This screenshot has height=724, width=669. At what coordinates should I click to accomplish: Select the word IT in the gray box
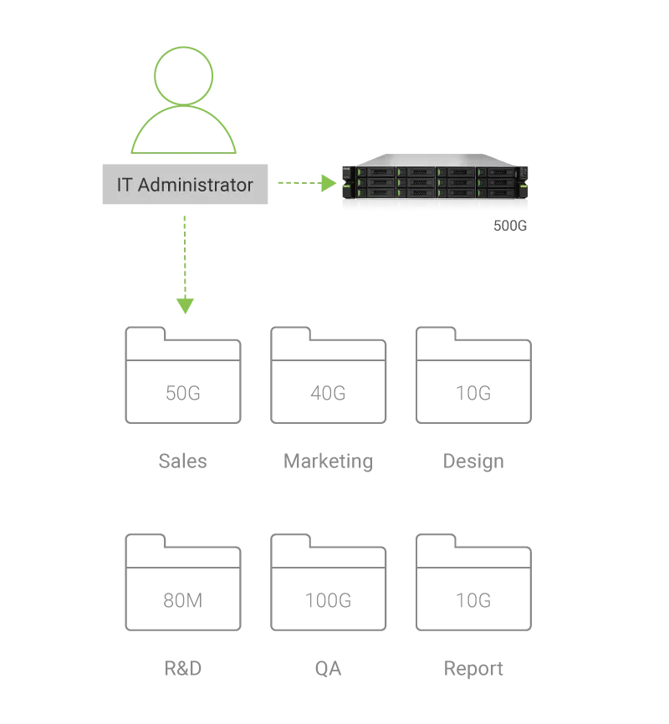(124, 185)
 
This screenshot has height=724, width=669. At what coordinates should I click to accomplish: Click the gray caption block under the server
(507, 223)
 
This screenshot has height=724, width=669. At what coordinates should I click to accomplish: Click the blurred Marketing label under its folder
(328, 460)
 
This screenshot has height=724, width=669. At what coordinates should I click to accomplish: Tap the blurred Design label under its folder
(475, 460)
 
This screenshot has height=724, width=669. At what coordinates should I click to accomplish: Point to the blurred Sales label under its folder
(181, 460)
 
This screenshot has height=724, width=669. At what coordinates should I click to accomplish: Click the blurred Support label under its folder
(475, 667)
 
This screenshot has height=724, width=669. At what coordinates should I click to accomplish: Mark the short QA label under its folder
(328, 667)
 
